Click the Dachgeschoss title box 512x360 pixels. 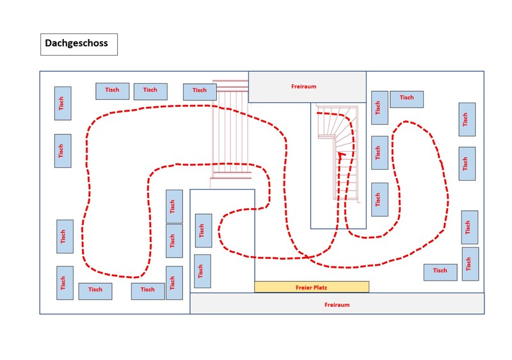(79, 44)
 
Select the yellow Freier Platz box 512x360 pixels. (312, 286)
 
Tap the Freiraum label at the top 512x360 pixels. (303, 86)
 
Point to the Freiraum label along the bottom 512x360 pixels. (337, 305)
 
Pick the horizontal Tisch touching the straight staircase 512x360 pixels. (199, 91)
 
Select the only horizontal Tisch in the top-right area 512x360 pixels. (406, 99)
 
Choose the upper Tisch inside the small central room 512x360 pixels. (203, 231)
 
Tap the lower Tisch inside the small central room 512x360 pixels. (202, 271)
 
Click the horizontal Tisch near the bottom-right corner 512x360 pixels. (440, 272)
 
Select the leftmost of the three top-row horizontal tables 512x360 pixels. (112, 90)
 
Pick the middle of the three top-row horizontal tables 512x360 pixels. (150, 91)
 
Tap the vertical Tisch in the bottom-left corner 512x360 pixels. (65, 282)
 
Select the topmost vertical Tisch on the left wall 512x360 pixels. (62, 103)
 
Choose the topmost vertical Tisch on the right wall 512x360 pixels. (467, 119)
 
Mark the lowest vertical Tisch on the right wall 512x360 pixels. (470, 263)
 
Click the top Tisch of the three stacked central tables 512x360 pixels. (173, 206)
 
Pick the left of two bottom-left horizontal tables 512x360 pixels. (95, 291)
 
